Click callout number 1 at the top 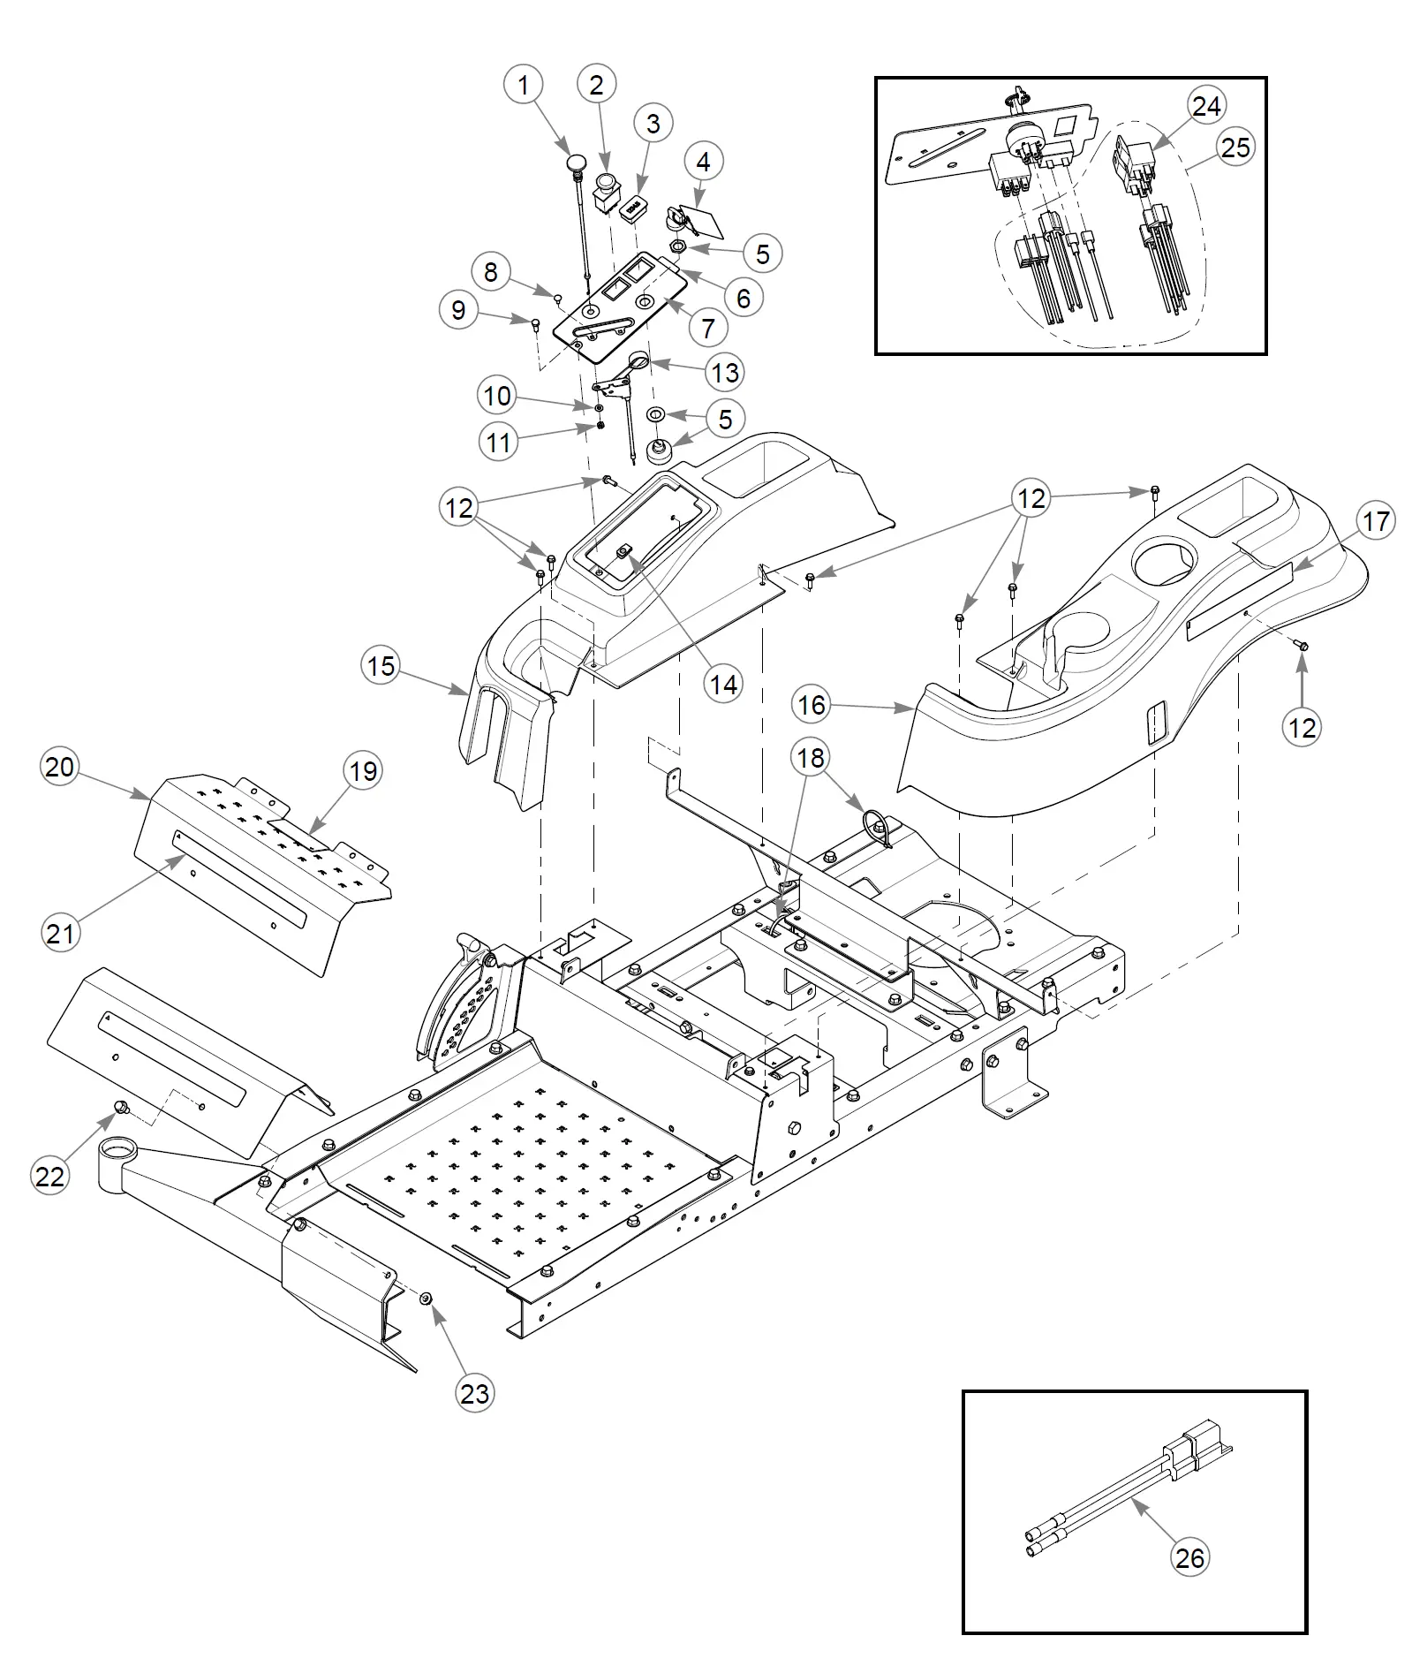pos(524,86)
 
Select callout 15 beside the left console pos(381,665)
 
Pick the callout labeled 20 pos(60,767)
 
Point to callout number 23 pos(475,1393)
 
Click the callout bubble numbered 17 pos(1376,521)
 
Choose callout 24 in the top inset pos(1206,106)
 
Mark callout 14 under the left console pos(723,684)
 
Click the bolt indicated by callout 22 pos(122,1107)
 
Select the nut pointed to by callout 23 pos(425,1298)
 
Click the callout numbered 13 pos(725,372)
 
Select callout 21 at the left pos(60,932)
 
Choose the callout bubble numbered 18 pos(811,757)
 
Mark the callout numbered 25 pos(1235,147)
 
